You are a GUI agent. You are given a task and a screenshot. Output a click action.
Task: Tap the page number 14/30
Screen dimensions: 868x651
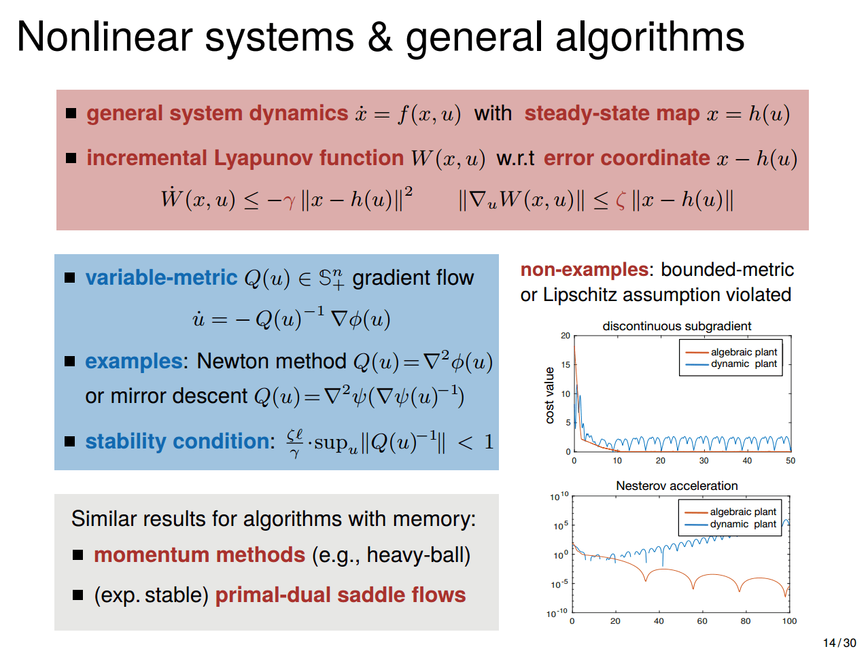(x=839, y=643)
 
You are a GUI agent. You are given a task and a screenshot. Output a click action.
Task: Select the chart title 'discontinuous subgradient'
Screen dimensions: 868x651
(x=676, y=326)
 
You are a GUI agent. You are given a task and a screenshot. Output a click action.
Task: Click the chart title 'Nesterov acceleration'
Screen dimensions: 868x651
(x=676, y=486)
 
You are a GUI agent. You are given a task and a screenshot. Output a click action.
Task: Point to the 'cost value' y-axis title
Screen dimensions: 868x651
(x=550, y=395)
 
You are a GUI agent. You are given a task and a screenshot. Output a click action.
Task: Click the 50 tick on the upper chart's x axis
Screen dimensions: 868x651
(x=791, y=461)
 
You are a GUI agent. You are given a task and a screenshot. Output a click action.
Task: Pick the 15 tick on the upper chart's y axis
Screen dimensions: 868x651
(x=566, y=365)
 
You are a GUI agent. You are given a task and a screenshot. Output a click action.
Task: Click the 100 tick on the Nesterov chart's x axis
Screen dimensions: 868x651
(x=789, y=621)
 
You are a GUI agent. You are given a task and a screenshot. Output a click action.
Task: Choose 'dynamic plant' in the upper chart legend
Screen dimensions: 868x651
(x=744, y=364)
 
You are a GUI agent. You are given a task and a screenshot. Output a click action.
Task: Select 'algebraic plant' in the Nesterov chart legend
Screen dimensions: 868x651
(x=742, y=512)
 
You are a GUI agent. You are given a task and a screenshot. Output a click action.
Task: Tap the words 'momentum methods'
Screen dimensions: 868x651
(x=199, y=555)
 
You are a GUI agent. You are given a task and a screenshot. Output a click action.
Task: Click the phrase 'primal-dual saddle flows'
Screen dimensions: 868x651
(x=341, y=595)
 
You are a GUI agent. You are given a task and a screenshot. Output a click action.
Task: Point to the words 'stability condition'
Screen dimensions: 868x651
(x=179, y=442)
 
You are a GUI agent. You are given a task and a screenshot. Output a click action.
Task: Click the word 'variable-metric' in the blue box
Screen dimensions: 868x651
(x=161, y=278)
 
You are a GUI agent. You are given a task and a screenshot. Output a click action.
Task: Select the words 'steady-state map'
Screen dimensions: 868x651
(x=612, y=113)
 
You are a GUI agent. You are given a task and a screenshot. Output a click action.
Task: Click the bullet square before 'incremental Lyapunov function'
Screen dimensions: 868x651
(x=71, y=158)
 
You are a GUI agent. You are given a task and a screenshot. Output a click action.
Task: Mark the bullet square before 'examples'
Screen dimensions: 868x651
(x=70, y=362)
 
